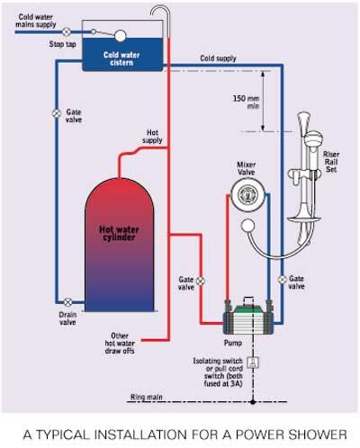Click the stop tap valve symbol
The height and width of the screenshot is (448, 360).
tap(67, 31)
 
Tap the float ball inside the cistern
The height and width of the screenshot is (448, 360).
tap(120, 36)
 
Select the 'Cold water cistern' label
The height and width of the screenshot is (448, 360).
tap(121, 58)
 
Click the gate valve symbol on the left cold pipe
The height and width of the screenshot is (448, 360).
tap(57, 113)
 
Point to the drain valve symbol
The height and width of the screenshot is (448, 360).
tap(68, 302)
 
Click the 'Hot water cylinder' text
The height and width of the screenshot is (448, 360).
tap(119, 234)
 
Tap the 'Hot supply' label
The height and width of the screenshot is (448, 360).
tap(152, 137)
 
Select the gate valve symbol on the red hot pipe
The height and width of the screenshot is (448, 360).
tap(201, 281)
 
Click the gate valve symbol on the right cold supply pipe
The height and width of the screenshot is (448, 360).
tap(282, 280)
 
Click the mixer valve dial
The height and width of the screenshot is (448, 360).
tap(247, 194)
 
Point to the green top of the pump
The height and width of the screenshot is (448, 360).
tap(247, 309)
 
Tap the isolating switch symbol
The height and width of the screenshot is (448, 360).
tap(253, 363)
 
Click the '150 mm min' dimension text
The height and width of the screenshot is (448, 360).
tap(247, 102)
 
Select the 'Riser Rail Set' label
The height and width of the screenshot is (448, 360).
tap(331, 162)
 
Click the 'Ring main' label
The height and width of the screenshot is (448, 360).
tap(147, 397)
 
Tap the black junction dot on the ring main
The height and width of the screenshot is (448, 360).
tap(253, 402)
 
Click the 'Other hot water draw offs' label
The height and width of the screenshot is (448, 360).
tap(120, 344)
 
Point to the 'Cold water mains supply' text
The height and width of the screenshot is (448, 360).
tap(36, 21)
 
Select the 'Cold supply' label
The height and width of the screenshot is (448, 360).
tap(218, 58)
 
